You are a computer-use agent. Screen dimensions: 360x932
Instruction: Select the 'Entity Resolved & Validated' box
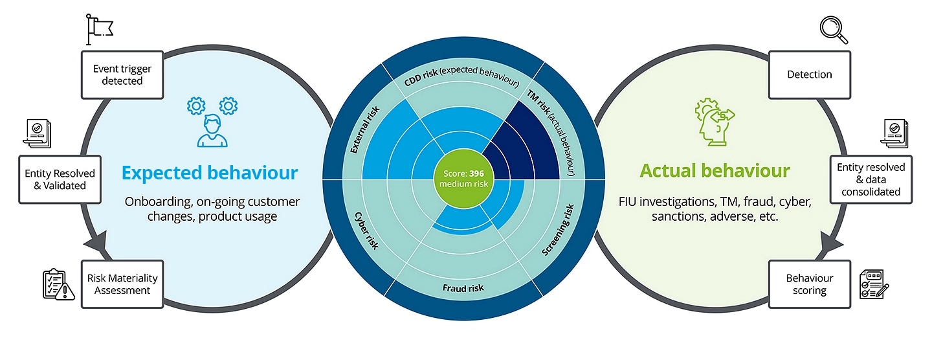tap(60, 179)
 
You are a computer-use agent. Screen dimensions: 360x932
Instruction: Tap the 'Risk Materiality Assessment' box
tap(122, 284)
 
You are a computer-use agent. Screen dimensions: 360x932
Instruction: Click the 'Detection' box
tap(809, 74)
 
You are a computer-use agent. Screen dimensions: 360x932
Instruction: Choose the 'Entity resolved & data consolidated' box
tap(871, 179)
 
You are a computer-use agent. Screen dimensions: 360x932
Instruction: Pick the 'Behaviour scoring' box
tap(809, 284)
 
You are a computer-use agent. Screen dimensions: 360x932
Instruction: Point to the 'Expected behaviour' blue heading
tap(210, 173)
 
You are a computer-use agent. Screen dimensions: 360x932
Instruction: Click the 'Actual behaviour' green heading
tap(715, 171)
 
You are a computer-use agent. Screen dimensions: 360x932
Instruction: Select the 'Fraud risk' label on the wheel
tap(463, 287)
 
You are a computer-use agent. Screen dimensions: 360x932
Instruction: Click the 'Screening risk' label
tap(557, 229)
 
